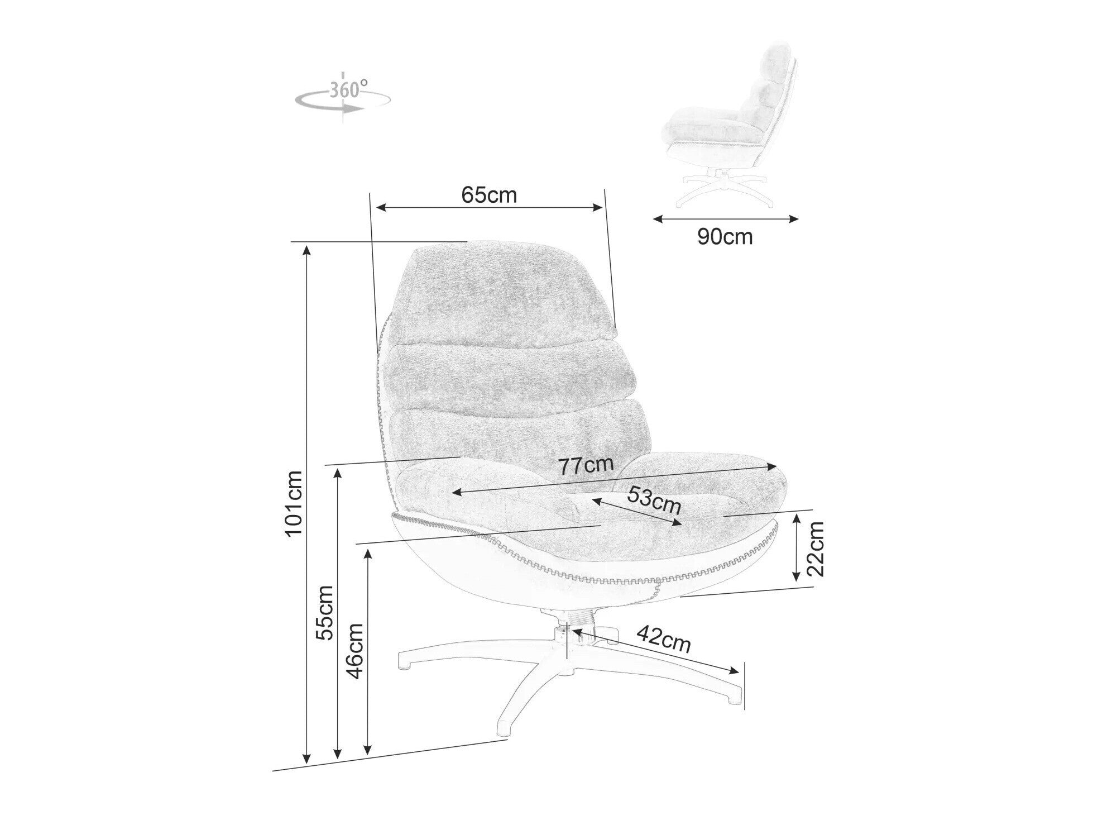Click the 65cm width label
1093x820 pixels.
click(489, 195)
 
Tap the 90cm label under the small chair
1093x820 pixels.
click(725, 237)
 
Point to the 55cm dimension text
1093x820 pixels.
click(324, 612)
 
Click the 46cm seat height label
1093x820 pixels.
click(355, 651)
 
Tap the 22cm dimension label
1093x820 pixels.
click(816, 549)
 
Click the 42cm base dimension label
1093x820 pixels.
click(664, 638)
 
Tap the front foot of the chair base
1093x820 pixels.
click(505, 726)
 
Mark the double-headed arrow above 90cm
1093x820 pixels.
click(726, 218)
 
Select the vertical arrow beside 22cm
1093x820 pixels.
click(798, 547)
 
